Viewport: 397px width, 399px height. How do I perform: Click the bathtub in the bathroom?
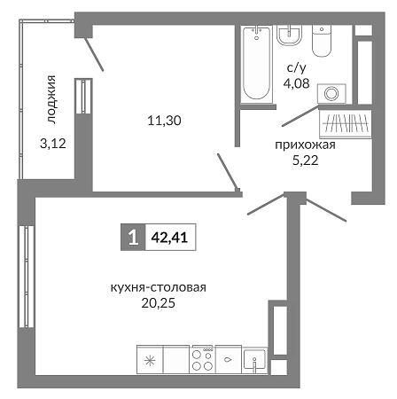tap(256, 65)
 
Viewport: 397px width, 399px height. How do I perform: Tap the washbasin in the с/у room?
tap(289, 35)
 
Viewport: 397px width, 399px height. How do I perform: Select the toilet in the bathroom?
tap(322, 41)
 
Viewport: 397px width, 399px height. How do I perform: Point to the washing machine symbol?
tap(331, 94)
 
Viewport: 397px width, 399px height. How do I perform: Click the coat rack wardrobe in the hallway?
tap(346, 124)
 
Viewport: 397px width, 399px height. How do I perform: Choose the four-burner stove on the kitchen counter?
tap(202, 359)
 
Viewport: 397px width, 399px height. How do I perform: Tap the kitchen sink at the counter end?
tap(254, 360)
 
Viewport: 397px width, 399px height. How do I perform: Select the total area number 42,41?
tap(169, 237)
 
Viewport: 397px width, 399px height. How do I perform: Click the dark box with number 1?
tap(133, 237)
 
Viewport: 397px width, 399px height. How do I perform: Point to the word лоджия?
tap(51, 99)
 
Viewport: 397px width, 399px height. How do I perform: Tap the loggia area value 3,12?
tap(53, 144)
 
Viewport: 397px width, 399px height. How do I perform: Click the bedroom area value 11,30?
tap(164, 121)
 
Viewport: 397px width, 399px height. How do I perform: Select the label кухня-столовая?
tap(159, 287)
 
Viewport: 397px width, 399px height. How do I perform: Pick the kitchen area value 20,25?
tap(159, 303)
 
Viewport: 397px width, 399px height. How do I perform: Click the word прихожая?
tap(305, 145)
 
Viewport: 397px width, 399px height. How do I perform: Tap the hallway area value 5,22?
tap(306, 160)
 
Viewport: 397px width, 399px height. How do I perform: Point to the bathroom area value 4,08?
tap(296, 83)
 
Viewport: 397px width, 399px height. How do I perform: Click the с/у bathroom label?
tap(297, 68)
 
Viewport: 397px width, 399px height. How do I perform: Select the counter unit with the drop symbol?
tap(229, 359)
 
